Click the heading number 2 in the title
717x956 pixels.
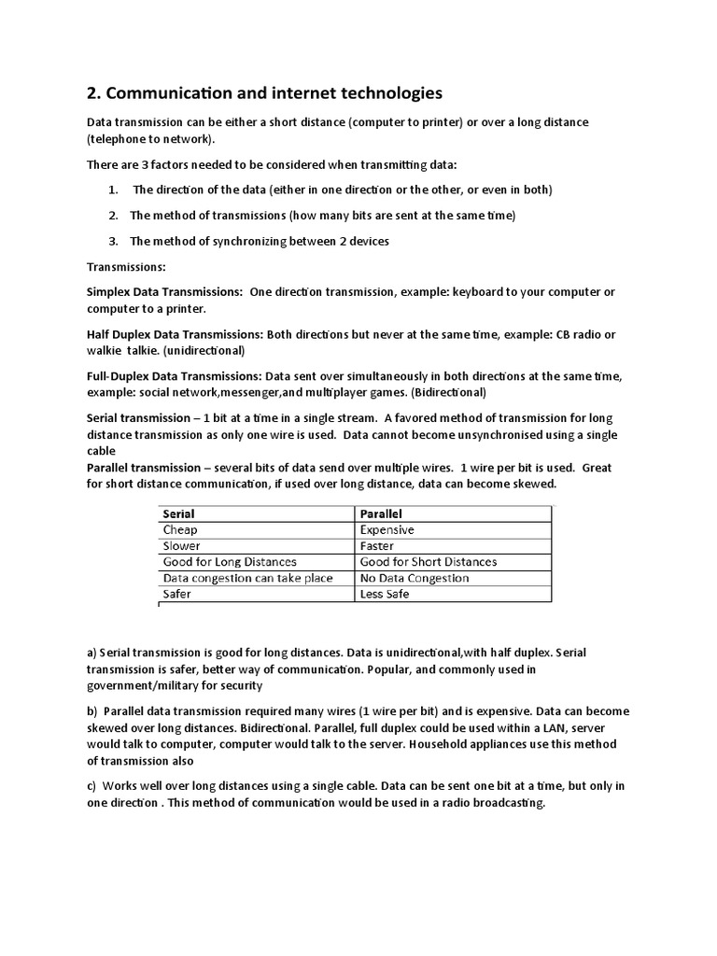[x=92, y=93]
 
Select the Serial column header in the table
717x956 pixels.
[x=178, y=513]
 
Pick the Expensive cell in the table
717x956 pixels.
[x=387, y=529]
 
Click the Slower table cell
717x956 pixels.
[x=181, y=545]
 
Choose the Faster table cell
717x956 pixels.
[x=376, y=545]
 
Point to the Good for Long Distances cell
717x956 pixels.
[x=230, y=562]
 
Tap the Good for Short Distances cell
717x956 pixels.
[x=428, y=562]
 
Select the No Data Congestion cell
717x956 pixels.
[x=414, y=578]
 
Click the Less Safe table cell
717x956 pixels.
[x=384, y=594]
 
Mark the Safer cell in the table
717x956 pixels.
[x=176, y=594]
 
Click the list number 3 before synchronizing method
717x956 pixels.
[x=112, y=241]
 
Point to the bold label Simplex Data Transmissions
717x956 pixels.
[x=164, y=292]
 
